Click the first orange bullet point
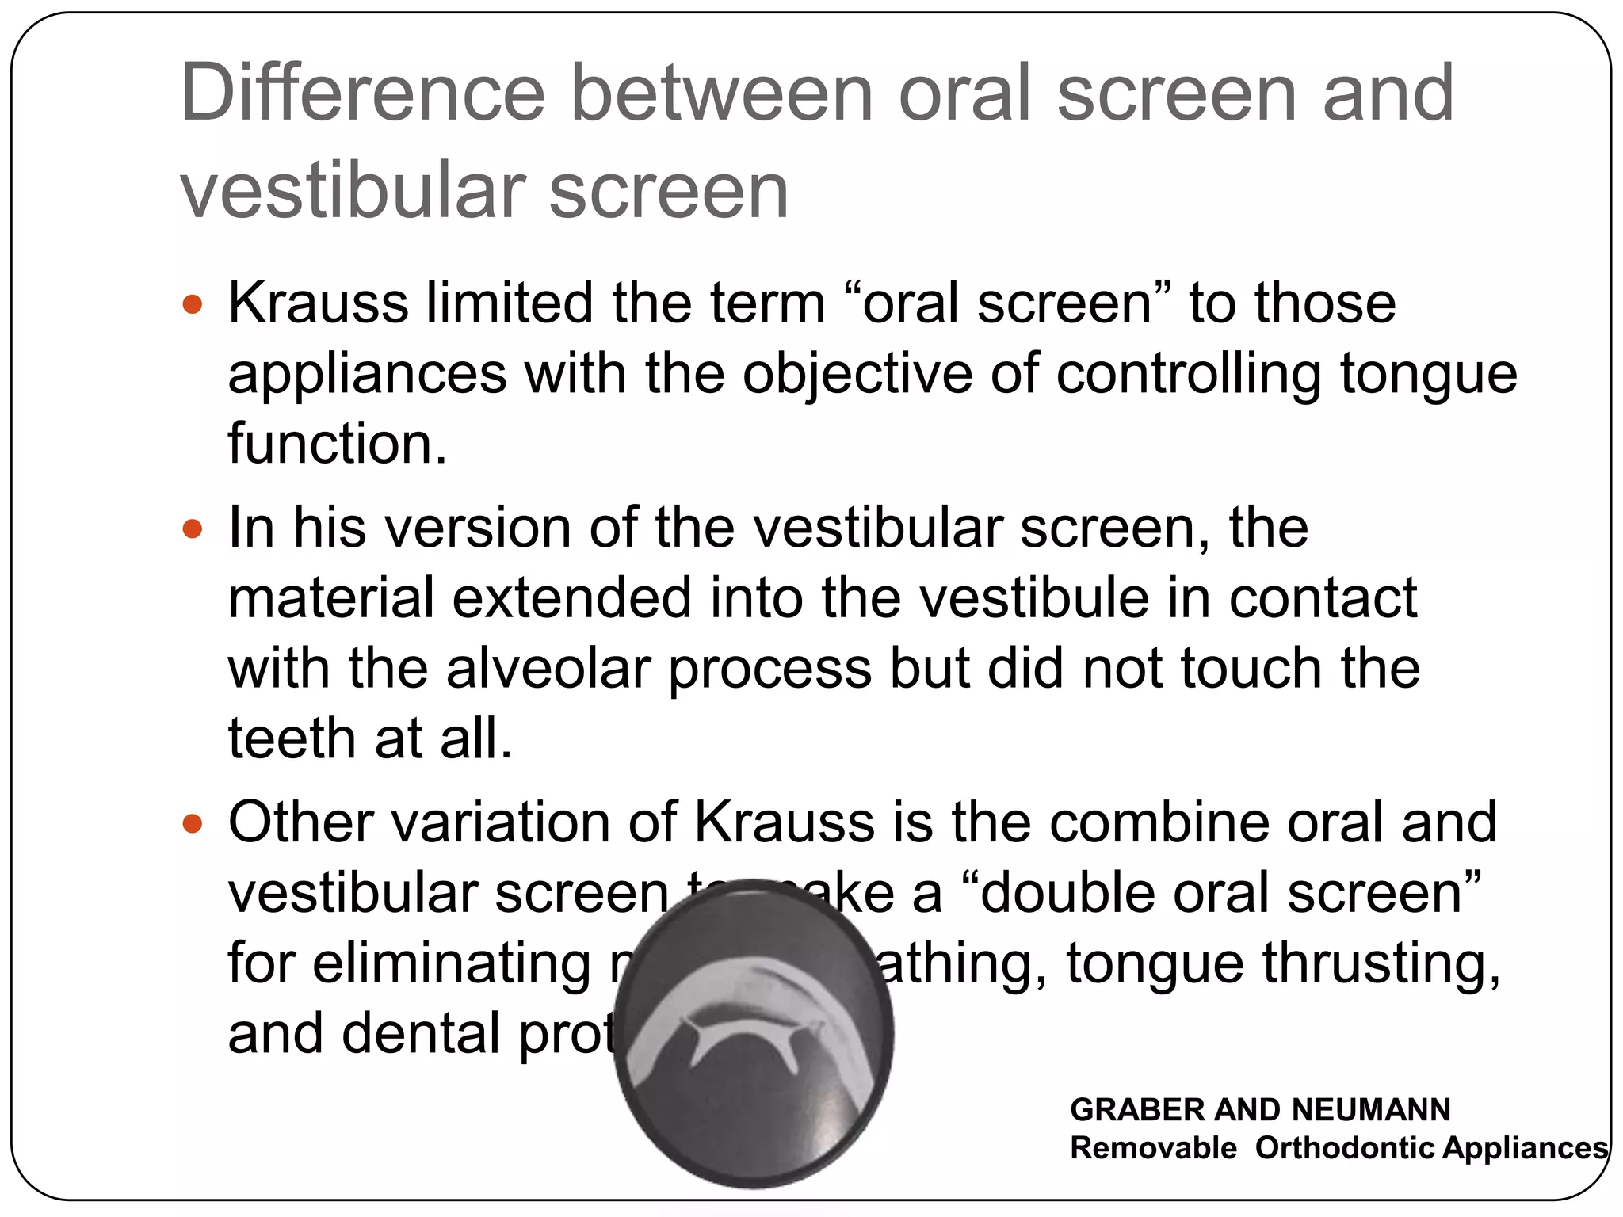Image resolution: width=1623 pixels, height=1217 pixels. (193, 304)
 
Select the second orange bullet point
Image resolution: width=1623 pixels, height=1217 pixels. (193, 528)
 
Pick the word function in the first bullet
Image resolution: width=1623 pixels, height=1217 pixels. (337, 443)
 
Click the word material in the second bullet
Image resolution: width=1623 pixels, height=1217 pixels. (330, 597)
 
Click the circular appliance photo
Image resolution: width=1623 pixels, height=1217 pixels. (754, 1034)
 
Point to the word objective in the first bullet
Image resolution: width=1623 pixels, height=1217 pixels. (857, 373)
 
